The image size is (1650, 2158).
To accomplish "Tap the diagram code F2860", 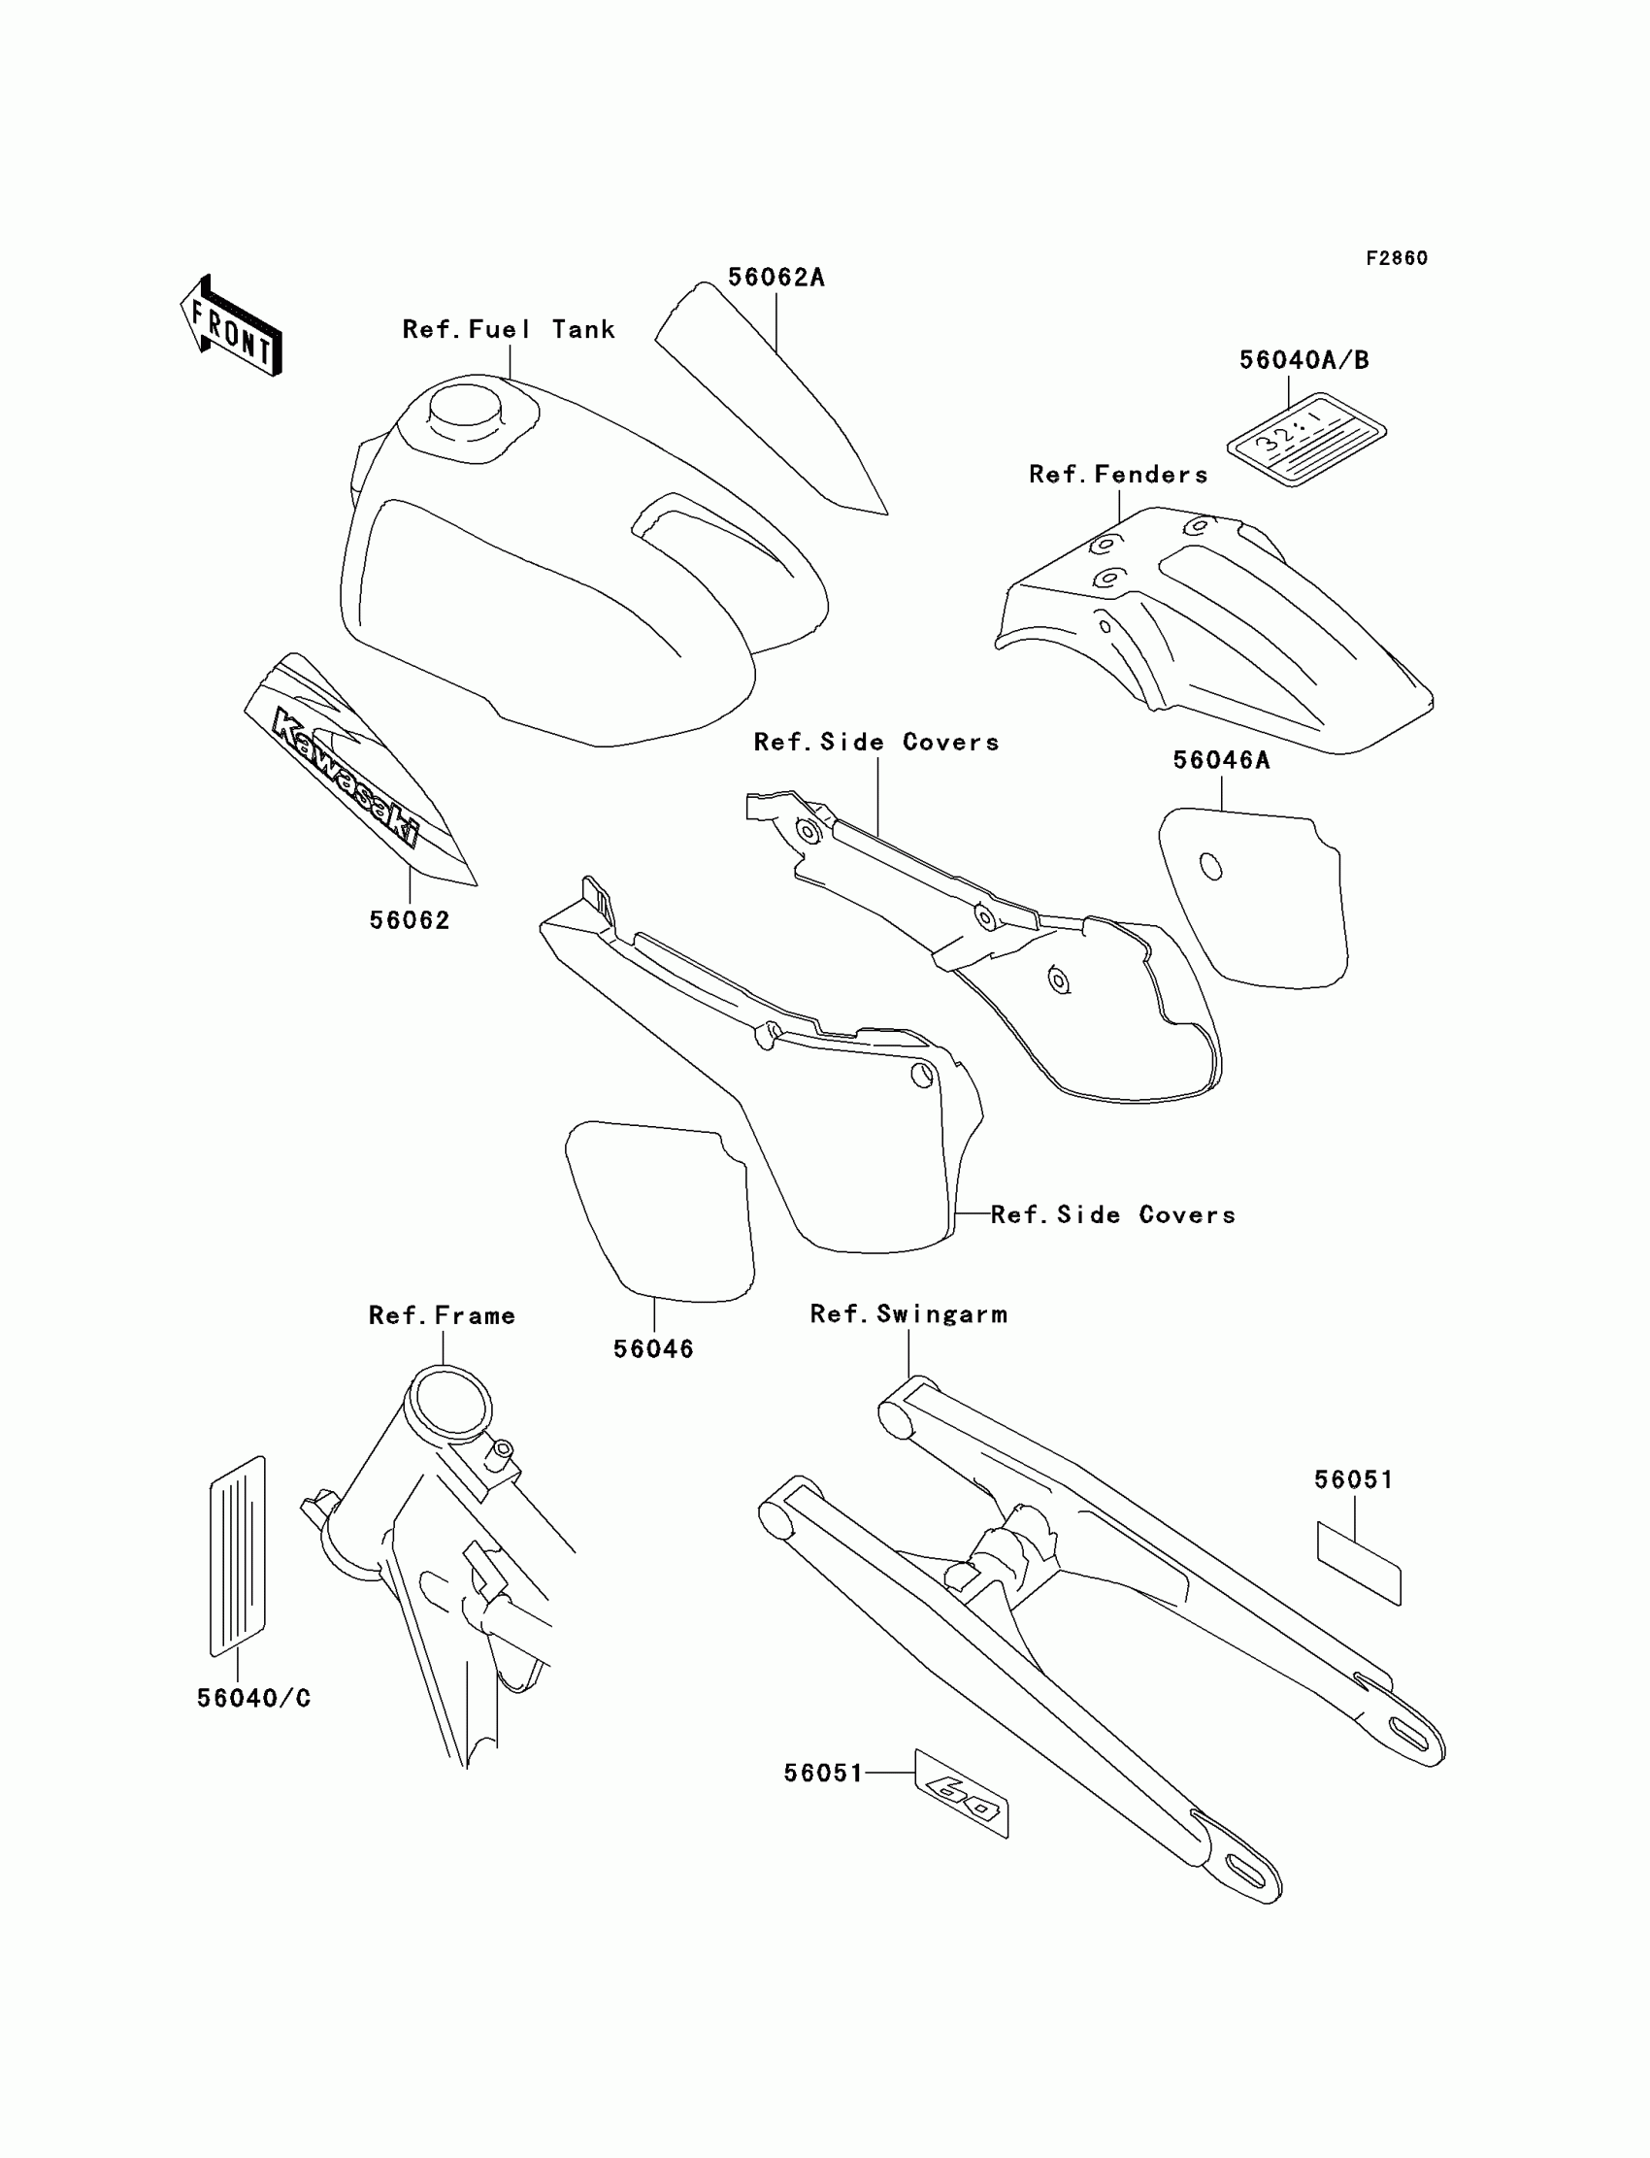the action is [x=1396, y=258].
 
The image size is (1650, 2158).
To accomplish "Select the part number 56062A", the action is [x=775, y=278].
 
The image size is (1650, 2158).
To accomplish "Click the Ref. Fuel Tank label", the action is [x=509, y=329].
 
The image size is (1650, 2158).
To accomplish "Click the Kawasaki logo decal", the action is [x=344, y=776].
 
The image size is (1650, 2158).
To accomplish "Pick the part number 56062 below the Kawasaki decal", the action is [x=410, y=920].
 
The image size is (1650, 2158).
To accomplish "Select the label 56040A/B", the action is [x=1303, y=360].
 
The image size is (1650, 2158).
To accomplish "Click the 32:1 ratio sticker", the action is [x=1305, y=439].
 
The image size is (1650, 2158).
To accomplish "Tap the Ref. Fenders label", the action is [x=1118, y=475].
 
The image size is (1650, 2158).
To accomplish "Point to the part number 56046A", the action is [x=1221, y=760].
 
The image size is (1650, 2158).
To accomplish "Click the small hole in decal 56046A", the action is [x=1211, y=867].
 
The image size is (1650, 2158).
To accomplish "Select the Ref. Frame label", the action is [x=442, y=1315].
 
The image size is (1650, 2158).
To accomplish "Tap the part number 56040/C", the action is [x=253, y=1698].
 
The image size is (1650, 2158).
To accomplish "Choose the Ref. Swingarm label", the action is [x=908, y=1314].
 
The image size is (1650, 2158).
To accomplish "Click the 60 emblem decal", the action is [x=962, y=1793].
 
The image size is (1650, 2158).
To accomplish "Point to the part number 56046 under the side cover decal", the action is [x=653, y=1349].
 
